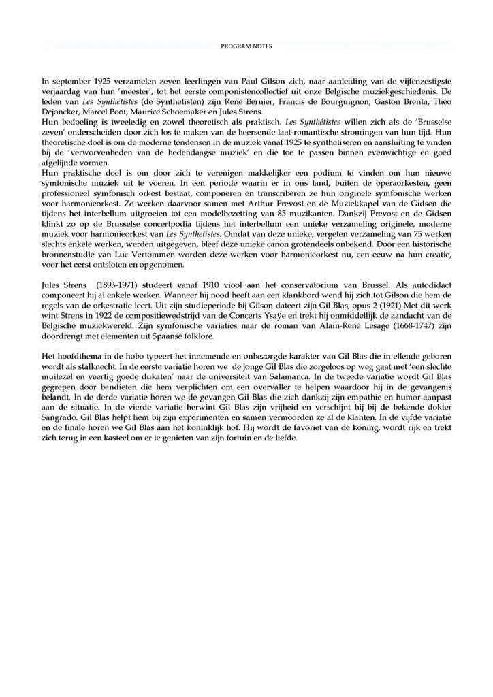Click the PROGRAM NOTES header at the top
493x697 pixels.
pos(246,46)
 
